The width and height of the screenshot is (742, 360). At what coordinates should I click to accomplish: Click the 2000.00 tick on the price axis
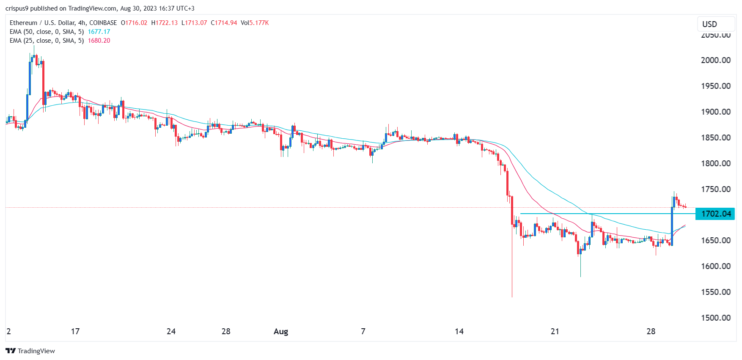[x=715, y=60]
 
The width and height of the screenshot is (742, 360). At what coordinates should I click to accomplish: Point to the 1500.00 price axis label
[x=715, y=318]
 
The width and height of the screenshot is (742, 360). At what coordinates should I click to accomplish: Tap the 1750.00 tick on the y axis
[x=715, y=189]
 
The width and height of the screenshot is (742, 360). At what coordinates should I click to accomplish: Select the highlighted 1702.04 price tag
[x=716, y=214]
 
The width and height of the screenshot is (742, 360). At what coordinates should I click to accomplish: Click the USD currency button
[x=709, y=24]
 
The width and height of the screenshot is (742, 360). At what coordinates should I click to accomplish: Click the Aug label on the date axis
[x=281, y=331]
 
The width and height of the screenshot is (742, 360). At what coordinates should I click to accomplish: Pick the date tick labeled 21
[x=555, y=331]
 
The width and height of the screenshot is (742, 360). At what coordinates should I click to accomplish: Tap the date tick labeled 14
[x=459, y=331]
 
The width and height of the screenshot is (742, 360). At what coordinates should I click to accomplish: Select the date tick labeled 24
[x=171, y=331]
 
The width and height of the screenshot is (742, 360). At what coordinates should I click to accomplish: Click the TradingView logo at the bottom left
[x=30, y=351]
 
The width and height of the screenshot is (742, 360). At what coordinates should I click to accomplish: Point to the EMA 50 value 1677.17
[x=99, y=32]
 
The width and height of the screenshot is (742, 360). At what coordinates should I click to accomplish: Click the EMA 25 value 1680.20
[x=99, y=41]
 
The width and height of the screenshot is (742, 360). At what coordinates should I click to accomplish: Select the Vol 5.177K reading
[x=255, y=23]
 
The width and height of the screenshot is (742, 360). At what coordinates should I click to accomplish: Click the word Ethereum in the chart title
[x=23, y=23]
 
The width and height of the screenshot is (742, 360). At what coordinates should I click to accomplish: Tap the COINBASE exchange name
[x=103, y=23]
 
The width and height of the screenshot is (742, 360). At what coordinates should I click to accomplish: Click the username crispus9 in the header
[x=16, y=8]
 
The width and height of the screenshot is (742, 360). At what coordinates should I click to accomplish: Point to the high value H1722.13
[x=165, y=23]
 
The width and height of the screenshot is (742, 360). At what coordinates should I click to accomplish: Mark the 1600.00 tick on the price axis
[x=715, y=266]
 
